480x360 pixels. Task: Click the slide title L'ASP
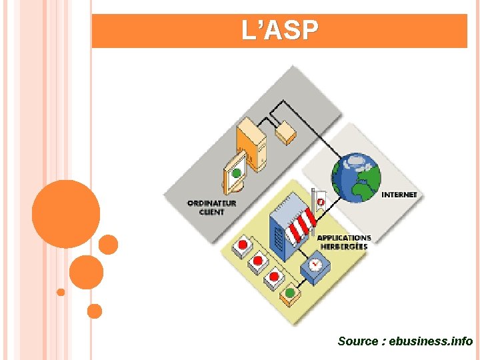tap(280, 31)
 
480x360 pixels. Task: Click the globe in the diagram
tap(357, 177)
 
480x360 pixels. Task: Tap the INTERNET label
tap(399, 195)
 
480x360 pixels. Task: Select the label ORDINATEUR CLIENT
tap(211, 207)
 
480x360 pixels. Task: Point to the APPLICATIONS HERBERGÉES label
tap(343, 242)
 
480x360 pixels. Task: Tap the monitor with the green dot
tap(235, 174)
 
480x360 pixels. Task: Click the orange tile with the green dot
tap(289, 294)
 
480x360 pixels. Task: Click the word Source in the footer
tap(357, 341)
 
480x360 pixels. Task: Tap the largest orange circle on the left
tap(66, 214)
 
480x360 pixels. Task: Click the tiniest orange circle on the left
tap(61, 292)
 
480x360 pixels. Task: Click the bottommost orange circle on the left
tap(95, 311)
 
